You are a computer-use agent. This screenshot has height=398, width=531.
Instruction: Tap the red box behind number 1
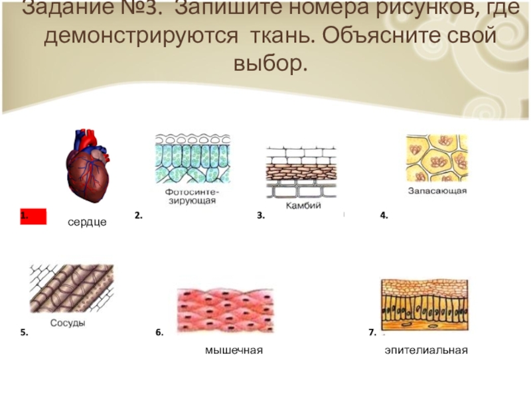click(33, 216)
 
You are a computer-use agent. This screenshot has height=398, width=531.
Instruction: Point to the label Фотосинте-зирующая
click(190, 196)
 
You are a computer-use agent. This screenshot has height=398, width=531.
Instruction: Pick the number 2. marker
click(138, 216)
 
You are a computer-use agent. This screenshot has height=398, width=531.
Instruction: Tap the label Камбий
click(303, 206)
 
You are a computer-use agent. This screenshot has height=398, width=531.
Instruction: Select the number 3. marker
click(261, 216)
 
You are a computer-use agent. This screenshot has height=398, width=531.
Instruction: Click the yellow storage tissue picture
click(437, 159)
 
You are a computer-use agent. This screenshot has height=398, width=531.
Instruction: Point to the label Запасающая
click(437, 191)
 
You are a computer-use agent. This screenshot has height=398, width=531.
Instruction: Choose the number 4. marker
click(384, 216)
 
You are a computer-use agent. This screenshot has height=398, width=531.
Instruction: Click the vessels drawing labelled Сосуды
click(72, 289)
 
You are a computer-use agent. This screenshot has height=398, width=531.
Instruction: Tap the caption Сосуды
click(68, 323)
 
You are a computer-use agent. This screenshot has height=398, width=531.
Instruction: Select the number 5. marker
click(25, 332)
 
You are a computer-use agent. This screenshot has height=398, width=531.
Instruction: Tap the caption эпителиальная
click(426, 350)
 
